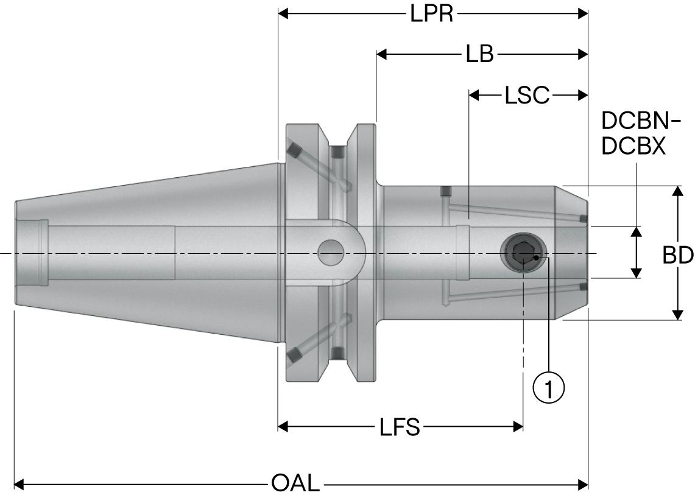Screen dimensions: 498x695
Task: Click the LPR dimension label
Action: [x=432, y=13]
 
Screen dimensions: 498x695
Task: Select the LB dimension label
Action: [x=479, y=54]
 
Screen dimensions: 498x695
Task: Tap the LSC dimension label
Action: [x=527, y=95]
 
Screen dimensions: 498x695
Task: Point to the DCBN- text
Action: [x=640, y=121]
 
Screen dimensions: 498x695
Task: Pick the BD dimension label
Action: [x=677, y=256]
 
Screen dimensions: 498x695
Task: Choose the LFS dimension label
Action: [x=400, y=427]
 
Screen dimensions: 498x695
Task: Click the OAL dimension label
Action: [x=295, y=485]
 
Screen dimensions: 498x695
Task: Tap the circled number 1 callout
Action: [x=549, y=387]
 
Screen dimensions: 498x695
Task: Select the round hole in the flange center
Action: [x=330, y=252]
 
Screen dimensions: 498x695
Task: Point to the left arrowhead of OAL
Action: [x=19, y=485]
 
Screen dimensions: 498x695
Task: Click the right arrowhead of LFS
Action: [x=518, y=427]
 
